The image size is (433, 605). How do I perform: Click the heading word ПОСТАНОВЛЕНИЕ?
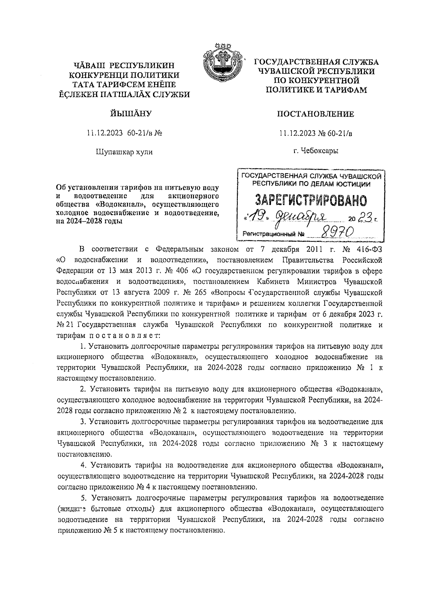(x=315, y=114)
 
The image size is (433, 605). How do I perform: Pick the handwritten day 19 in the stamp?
(x=258, y=217)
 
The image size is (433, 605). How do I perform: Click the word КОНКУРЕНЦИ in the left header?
(x=95, y=75)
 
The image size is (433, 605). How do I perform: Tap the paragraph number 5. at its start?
(x=84, y=498)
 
